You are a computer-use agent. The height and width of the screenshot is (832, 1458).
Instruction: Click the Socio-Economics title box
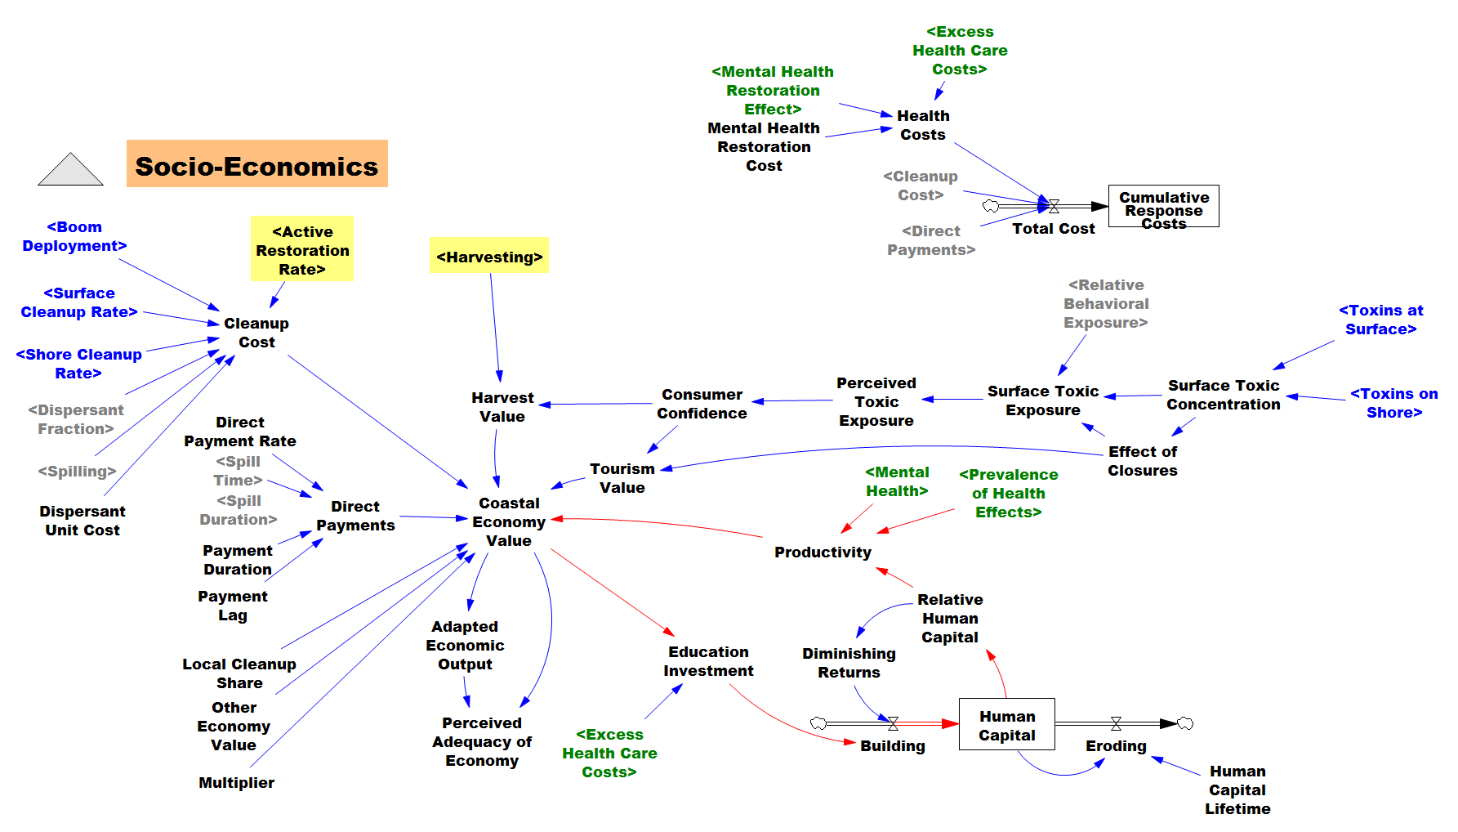click(257, 163)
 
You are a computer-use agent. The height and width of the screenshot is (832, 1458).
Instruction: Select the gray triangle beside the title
click(70, 169)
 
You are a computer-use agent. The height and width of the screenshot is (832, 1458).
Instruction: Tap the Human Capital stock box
click(1006, 724)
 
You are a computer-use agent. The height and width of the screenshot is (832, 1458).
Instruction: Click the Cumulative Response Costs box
click(1163, 206)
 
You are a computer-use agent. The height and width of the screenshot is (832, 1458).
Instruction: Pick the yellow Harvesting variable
click(489, 257)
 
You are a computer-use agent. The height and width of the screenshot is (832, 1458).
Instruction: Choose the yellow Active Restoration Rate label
click(302, 249)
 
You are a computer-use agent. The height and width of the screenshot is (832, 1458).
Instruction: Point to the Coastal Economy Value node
click(509, 521)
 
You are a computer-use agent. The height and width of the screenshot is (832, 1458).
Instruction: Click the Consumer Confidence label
click(702, 404)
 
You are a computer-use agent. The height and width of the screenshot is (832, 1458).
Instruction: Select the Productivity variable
click(823, 552)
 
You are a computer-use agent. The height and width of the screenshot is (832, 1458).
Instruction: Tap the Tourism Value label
click(622, 478)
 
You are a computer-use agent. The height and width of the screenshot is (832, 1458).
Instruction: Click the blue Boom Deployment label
click(74, 236)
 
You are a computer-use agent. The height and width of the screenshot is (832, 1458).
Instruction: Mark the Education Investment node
click(708, 661)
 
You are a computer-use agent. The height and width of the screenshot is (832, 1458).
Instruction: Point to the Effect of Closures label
click(1143, 461)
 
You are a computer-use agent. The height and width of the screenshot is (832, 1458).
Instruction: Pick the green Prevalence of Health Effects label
click(1009, 493)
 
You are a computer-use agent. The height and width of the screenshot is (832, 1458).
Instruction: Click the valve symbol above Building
click(893, 723)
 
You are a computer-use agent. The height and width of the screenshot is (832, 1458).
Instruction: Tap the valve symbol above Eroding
click(1116, 723)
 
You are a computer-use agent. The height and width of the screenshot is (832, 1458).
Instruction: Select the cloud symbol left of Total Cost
click(991, 206)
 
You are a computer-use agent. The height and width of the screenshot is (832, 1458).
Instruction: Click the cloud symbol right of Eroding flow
click(1185, 723)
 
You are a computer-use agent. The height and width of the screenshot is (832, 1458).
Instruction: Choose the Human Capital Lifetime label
click(1237, 790)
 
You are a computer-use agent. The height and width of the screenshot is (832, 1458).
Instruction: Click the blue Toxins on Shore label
click(1394, 403)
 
